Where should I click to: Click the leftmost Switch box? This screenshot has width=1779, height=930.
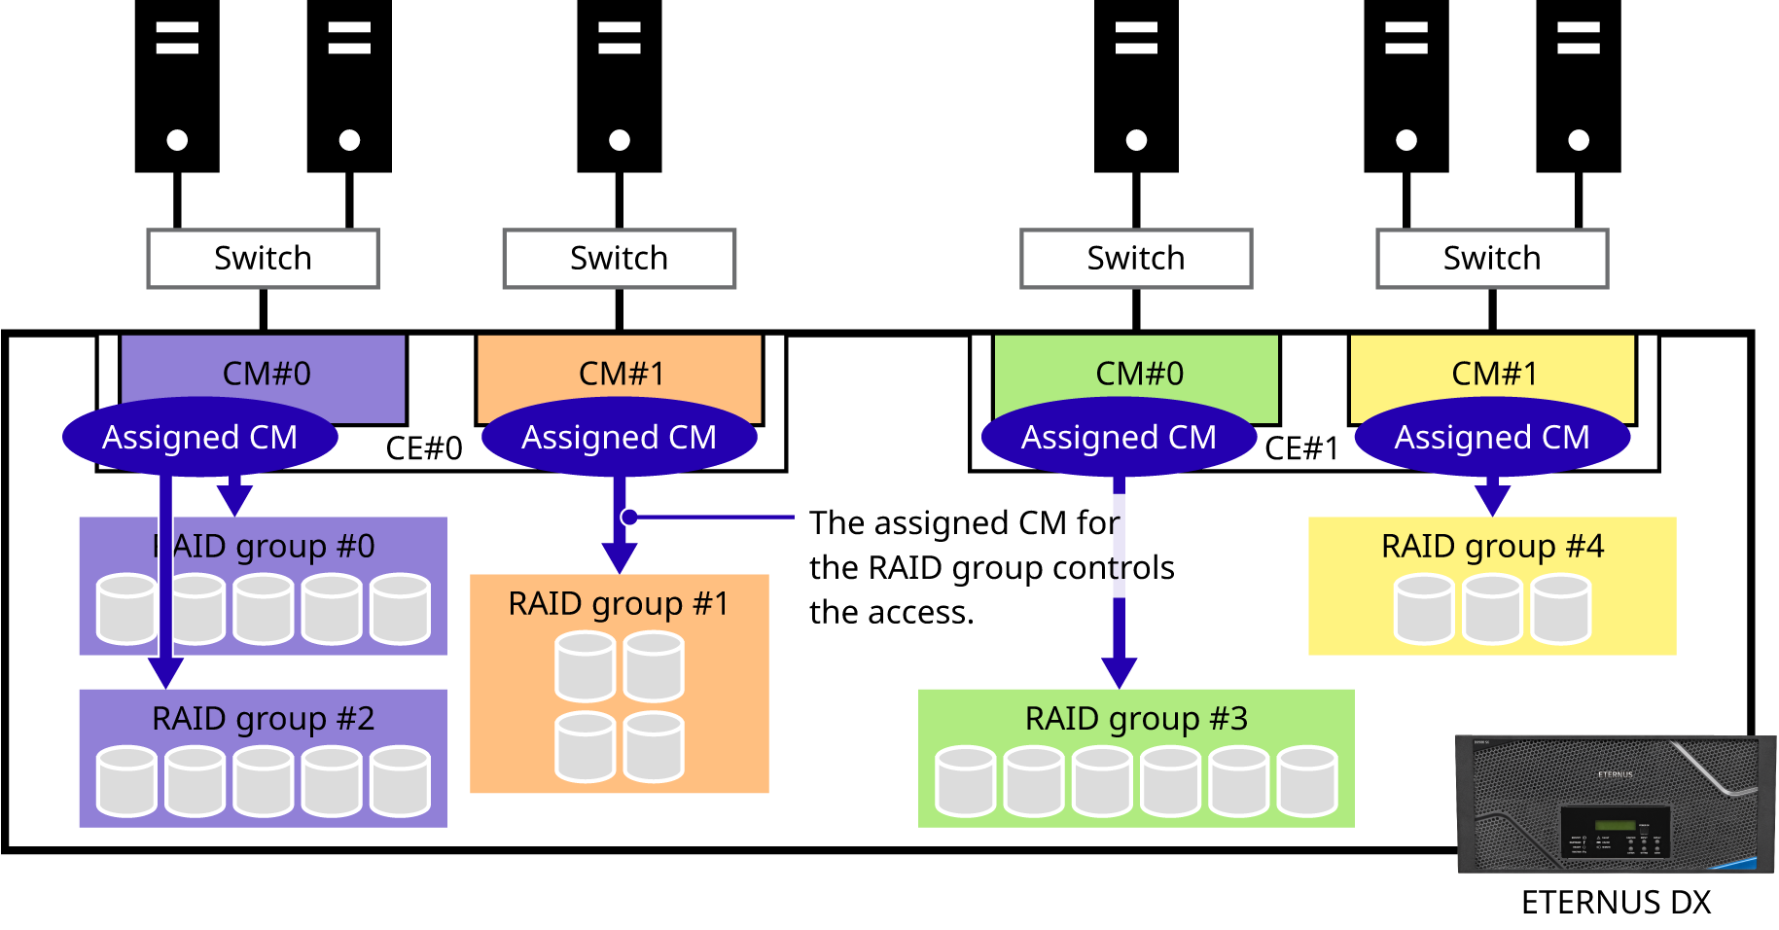pyautogui.click(x=263, y=259)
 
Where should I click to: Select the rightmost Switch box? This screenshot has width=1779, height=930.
pyautogui.click(x=1492, y=259)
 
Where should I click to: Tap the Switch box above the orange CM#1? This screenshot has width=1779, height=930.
pyautogui.click(x=619, y=259)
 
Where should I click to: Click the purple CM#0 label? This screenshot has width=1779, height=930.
pyautogui.click(x=267, y=374)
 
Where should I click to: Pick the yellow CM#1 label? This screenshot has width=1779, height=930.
pyautogui.click(x=1495, y=374)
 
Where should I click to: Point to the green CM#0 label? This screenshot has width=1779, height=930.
pyautogui.click(x=1139, y=374)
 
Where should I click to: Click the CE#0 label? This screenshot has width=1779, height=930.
pyautogui.click(x=424, y=448)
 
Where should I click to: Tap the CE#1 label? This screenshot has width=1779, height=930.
pyautogui.click(x=1301, y=448)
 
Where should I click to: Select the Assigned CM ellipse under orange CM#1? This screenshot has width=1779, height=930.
pyautogui.click(x=619, y=437)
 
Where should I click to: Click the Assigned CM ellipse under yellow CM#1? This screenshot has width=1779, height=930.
pyautogui.click(x=1492, y=437)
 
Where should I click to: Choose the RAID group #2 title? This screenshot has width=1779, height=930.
pyautogui.click(x=263, y=719)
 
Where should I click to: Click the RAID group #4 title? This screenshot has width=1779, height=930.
pyautogui.click(x=1492, y=547)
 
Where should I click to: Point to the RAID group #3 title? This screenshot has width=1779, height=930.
pyautogui.click(x=1136, y=719)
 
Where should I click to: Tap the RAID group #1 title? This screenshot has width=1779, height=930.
pyautogui.click(x=619, y=604)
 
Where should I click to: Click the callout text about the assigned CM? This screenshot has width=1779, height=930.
pyautogui.click(x=992, y=546)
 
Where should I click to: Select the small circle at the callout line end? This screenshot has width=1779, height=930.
pyautogui.click(x=630, y=517)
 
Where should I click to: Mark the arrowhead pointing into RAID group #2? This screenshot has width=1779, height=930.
pyautogui.click(x=166, y=671)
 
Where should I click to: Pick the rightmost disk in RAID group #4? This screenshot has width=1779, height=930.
pyautogui.click(x=1561, y=609)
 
